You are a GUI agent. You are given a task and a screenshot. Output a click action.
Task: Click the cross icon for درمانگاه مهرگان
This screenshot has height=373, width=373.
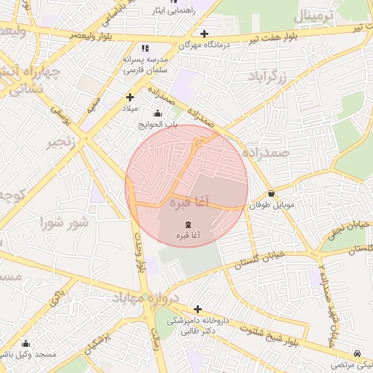205,34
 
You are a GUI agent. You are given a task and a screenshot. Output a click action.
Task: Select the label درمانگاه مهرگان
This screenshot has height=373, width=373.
205,45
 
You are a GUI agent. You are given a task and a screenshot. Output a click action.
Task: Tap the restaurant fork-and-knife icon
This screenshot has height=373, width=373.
144,48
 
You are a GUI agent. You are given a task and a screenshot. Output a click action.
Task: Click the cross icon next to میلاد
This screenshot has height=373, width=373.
130,97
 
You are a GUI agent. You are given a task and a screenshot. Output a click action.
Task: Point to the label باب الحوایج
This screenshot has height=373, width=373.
158,125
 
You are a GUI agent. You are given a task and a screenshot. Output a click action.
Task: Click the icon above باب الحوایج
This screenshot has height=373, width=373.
158,113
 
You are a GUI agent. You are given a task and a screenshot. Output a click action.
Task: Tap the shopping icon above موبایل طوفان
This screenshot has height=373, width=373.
272,194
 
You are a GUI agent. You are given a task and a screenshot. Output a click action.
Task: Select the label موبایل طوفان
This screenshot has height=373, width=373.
272,206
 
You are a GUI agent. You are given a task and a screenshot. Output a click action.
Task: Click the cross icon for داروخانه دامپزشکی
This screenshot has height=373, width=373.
197,309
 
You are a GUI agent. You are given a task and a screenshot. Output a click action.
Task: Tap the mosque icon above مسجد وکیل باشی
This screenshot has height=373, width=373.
26,343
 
